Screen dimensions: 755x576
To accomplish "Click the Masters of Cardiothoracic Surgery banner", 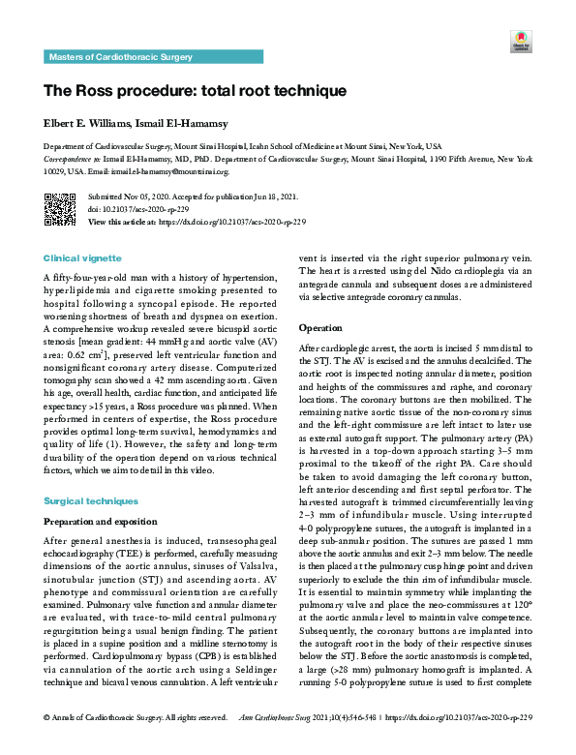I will pyautogui.click(x=116, y=58).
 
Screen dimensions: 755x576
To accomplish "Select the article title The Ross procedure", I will pyautogui.click(x=195, y=91).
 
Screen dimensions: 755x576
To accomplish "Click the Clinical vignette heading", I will pyautogui.click(x=83, y=258).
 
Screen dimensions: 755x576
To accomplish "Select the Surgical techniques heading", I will pyautogui.click(x=91, y=500).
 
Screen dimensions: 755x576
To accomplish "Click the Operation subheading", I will pyautogui.click(x=323, y=328).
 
